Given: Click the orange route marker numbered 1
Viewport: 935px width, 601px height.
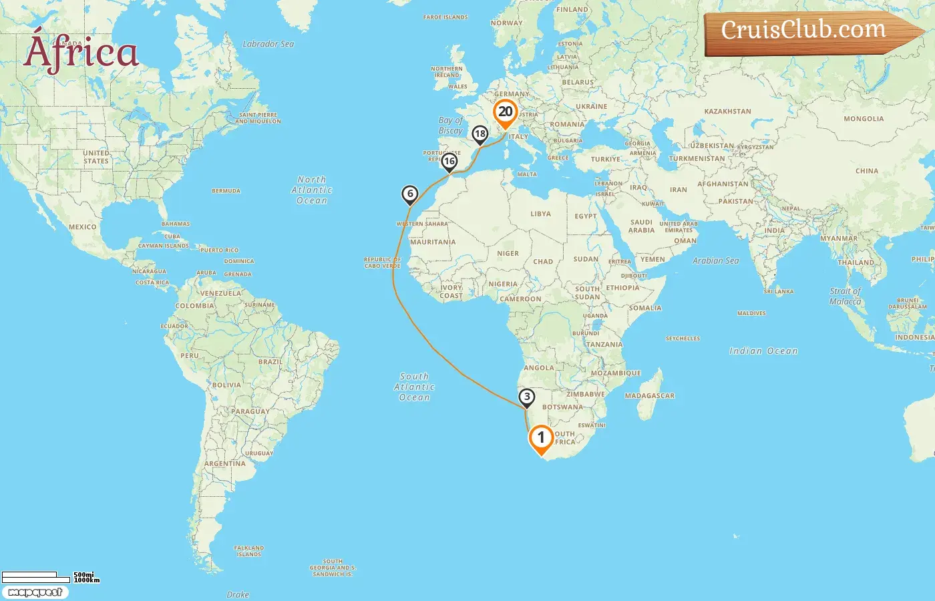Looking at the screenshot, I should click(541, 439).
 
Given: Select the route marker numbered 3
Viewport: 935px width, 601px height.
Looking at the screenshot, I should click(527, 397).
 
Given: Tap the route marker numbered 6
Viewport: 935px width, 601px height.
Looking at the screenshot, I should click(410, 194).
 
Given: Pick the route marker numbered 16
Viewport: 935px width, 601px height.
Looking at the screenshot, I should click(449, 161).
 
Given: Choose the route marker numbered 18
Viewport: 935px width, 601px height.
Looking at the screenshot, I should click(480, 134).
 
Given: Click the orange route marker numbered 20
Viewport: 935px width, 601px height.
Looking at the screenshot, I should click(506, 112).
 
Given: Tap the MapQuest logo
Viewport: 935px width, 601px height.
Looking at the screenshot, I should click(35, 592).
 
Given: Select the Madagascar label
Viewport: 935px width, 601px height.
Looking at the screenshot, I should click(649, 396).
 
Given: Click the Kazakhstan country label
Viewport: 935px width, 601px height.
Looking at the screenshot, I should click(727, 112).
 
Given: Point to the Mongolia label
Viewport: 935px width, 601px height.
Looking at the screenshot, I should click(864, 119).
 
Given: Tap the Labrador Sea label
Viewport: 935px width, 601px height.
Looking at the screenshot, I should click(268, 44).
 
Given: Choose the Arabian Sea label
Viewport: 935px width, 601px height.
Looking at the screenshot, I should click(715, 260).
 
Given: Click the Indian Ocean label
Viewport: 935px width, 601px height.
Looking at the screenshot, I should click(763, 351).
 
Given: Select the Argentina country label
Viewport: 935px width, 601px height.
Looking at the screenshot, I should click(224, 463).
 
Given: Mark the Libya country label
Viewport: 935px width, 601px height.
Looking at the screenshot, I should click(540, 214).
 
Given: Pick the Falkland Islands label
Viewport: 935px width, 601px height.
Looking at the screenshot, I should click(248, 551).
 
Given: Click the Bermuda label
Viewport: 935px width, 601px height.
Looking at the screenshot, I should click(226, 191).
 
